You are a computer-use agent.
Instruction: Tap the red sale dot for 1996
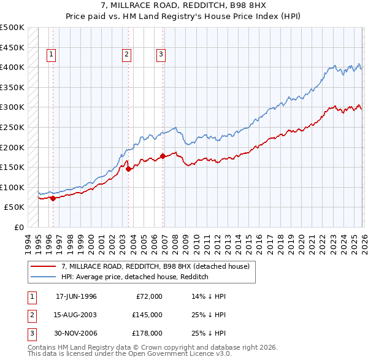tap(53, 198)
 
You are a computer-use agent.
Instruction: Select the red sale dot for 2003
tap(128, 169)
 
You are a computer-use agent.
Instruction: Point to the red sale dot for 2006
tap(163, 156)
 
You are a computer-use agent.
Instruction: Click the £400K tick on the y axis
tap(12, 67)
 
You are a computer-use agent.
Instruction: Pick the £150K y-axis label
tap(12, 167)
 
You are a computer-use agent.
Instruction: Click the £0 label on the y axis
tap(18, 227)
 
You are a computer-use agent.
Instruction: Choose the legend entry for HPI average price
tap(135, 277)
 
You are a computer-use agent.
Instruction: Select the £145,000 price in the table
tap(147, 315)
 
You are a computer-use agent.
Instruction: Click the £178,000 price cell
tap(147, 333)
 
